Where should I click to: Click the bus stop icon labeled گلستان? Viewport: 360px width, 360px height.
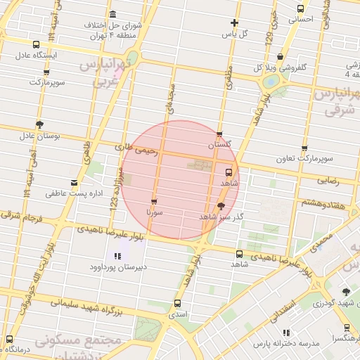tap(219, 134)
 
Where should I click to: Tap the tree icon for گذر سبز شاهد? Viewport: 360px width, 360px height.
tap(222, 206)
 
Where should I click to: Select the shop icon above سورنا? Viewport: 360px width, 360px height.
tap(154, 202)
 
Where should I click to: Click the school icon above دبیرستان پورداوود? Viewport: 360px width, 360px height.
tap(117, 256)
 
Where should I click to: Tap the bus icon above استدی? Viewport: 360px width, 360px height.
tap(176, 304)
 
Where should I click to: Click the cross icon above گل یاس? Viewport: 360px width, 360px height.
tap(234, 22)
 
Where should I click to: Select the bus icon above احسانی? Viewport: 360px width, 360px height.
tap(301, 9)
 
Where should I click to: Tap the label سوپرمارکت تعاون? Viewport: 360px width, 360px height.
tap(304, 159)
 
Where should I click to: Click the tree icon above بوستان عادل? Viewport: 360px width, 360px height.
tap(39, 124)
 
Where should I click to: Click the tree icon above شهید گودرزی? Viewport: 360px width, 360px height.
tap(345, 292)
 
